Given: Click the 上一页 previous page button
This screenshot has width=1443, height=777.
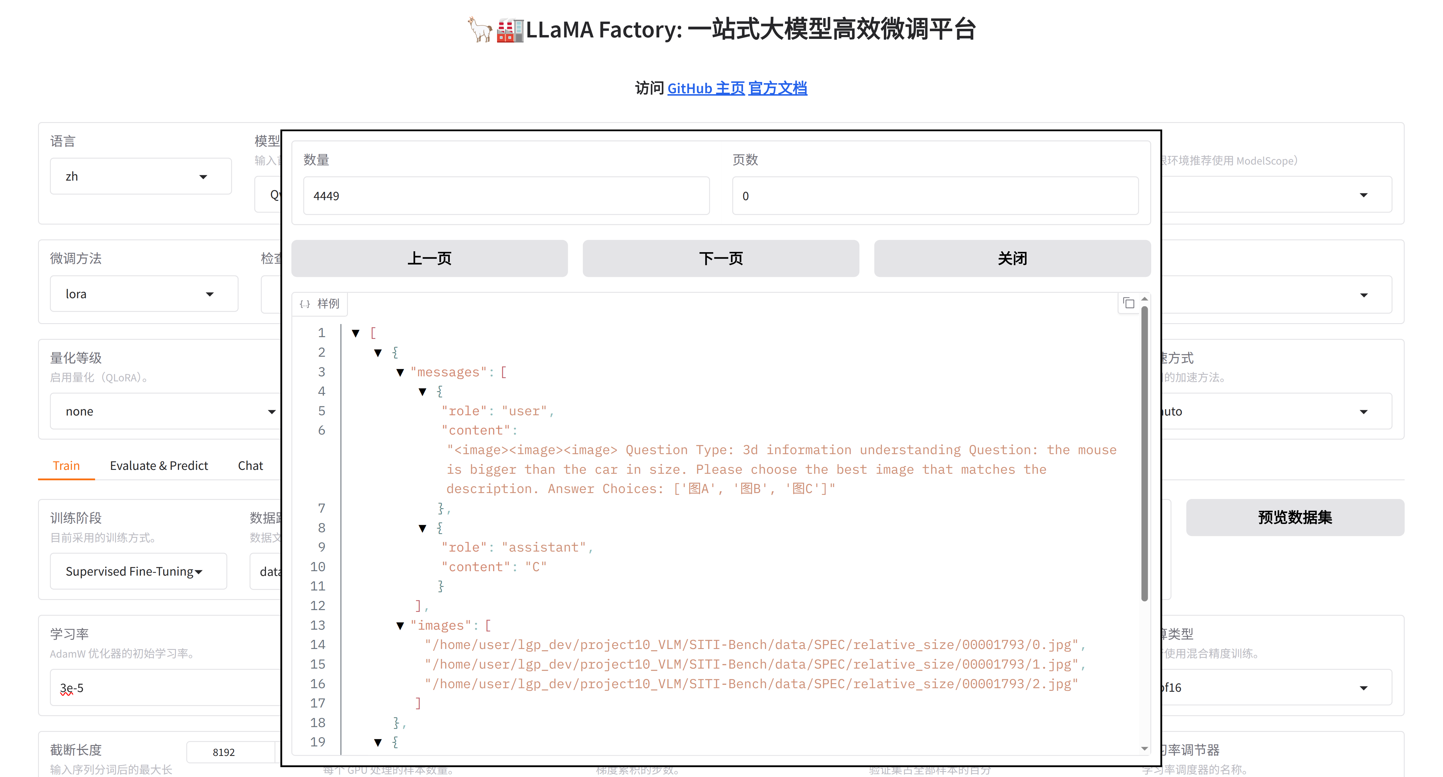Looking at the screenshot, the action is pyautogui.click(x=429, y=258).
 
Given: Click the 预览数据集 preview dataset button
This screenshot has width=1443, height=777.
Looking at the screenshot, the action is pyautogui.click(x=1294, y=517).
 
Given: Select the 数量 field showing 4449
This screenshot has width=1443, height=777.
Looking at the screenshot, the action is pyautogui.click(x=506, y=195).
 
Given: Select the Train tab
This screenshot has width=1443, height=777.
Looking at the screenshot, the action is pyautogui.click(x=66, y=465).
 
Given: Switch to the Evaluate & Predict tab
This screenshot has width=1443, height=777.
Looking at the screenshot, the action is pyautogui.click(x=159, y=465).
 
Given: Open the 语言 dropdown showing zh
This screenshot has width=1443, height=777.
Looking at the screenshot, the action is pyautogui.click(x=140, y=176).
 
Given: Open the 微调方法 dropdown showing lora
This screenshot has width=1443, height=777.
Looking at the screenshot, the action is pyautogui.click(x=143, y=294).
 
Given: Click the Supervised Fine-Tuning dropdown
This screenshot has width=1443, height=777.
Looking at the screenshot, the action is pyautogui.click(x=138, y=571).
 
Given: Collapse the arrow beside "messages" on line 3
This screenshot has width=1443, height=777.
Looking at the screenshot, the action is pyautogui.click(x=400, y=372).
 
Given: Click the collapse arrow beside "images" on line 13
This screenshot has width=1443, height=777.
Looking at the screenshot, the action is pyautogui.click(x=400, y=626).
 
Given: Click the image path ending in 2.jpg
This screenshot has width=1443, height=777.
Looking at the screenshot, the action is pyautogui.click(x=751, y=684).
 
